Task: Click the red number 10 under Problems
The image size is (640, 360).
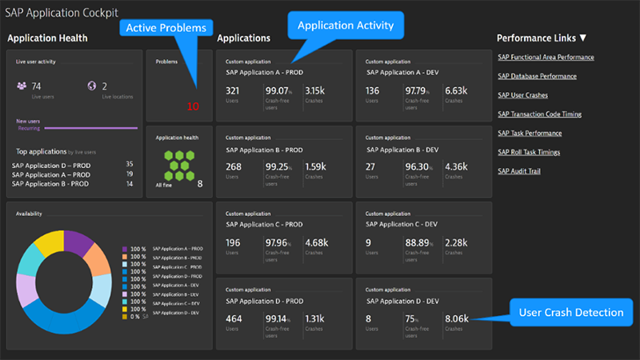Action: click(193, 106)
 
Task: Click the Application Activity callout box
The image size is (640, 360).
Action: click(346, 26)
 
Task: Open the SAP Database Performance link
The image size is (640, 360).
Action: click(540, 76)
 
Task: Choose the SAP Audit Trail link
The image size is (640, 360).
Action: click(519, 170)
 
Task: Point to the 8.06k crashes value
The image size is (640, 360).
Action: click(457, 318)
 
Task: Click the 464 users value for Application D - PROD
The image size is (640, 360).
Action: click(234, 318)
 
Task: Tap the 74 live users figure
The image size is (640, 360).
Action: click(37, 86)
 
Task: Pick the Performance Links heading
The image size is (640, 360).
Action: click(542, 38)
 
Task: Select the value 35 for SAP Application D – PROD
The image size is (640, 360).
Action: click(129, 164)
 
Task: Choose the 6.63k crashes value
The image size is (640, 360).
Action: click(456, 90)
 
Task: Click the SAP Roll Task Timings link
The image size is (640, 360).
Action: click(529, 152)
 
